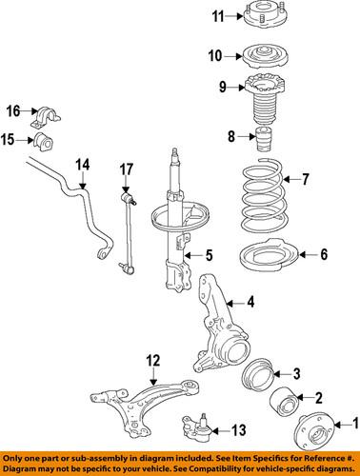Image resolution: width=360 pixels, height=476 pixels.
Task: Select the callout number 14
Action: click(x=83, y=165)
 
